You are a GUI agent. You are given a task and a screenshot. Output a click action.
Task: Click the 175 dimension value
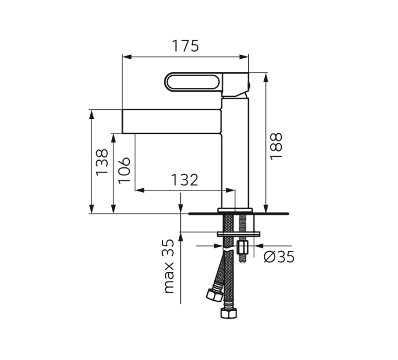coord(185,46)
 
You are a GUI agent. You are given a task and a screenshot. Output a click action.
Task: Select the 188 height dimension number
coord(276,146)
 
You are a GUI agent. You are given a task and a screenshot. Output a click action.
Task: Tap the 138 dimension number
coord(102,162)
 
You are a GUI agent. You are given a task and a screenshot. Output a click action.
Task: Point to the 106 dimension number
coord(124,170)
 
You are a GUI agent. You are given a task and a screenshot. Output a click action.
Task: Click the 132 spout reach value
coord(185,180)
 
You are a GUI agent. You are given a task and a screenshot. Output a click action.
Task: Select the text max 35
coord(168,266)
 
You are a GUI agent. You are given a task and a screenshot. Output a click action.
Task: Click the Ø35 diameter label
coord(279,257)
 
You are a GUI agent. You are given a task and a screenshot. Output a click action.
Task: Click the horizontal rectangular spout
coord(172,121)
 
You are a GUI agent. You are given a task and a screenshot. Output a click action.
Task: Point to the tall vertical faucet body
coord(235,153)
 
